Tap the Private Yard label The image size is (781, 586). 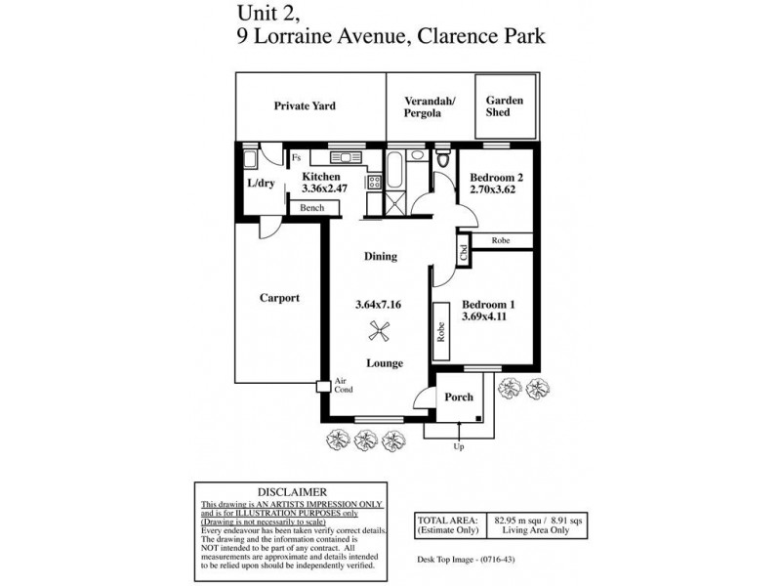[x=305, y=105]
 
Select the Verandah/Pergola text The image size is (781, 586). [x=424, y=105]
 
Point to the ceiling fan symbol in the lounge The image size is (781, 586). [x=383, y=333]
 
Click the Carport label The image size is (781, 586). [x=279, y=298]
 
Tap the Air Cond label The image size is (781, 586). [x=343, y=386]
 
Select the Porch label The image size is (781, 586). [x=459, y=397]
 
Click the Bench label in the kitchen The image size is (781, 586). [x=312, y=208]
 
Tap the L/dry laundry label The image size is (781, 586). [x=261, y=183]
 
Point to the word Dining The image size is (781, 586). [x=381, y=257]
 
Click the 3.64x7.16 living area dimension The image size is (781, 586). [x=381, y=305]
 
